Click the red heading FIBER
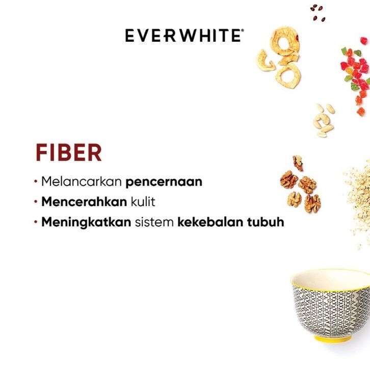pyautogui.click(x=69, y=153)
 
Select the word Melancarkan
pyautogui.click(x=82, y=181)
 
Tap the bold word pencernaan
pyautogui.click(x=164, y=182)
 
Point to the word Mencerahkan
pyautogui.click(x=84, y=202)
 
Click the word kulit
pyautogui.click(x=143, y=202)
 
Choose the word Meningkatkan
pyautogui.click(x=86, y=222)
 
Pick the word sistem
pyautogui.click(x=154, y=222)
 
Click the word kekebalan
pyautogui.click(x=210, y=222)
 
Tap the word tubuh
pyautogui.click(x=266, y=222)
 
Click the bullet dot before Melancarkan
pyautogui.click(x=36, y=181)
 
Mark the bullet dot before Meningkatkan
pyautogui.click(x=36, y=222)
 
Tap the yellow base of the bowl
pyautogui.click(x=333, y=339)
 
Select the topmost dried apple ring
pyautogui.click(x=285, y=42)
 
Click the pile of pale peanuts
pyautogui.click(x=324, y=120)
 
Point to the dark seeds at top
pyautogui.click(x=318, y=13)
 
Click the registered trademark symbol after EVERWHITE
pyautogui.click(x=243, y=30)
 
